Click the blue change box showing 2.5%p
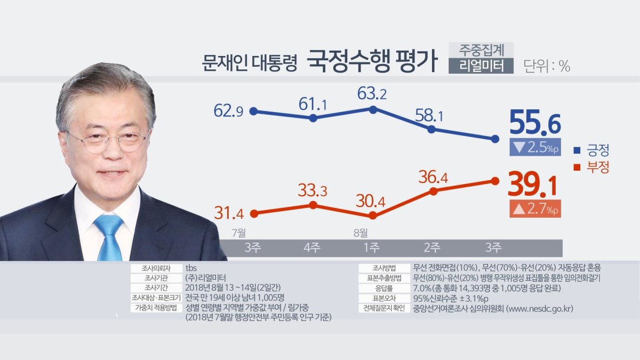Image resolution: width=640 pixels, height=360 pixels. pos(535,147)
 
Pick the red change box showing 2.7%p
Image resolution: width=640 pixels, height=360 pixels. pos(535,210)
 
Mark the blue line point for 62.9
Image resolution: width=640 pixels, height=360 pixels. pos(254,111)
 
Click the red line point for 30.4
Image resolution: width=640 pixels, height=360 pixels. pos(373,215)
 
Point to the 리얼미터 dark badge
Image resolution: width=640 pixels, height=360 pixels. pos(481,66)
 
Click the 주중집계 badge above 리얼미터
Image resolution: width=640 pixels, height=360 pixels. pos(481,50)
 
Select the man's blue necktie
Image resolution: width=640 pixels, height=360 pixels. pos(109,237)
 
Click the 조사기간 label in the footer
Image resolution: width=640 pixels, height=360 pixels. pos(156,287)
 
